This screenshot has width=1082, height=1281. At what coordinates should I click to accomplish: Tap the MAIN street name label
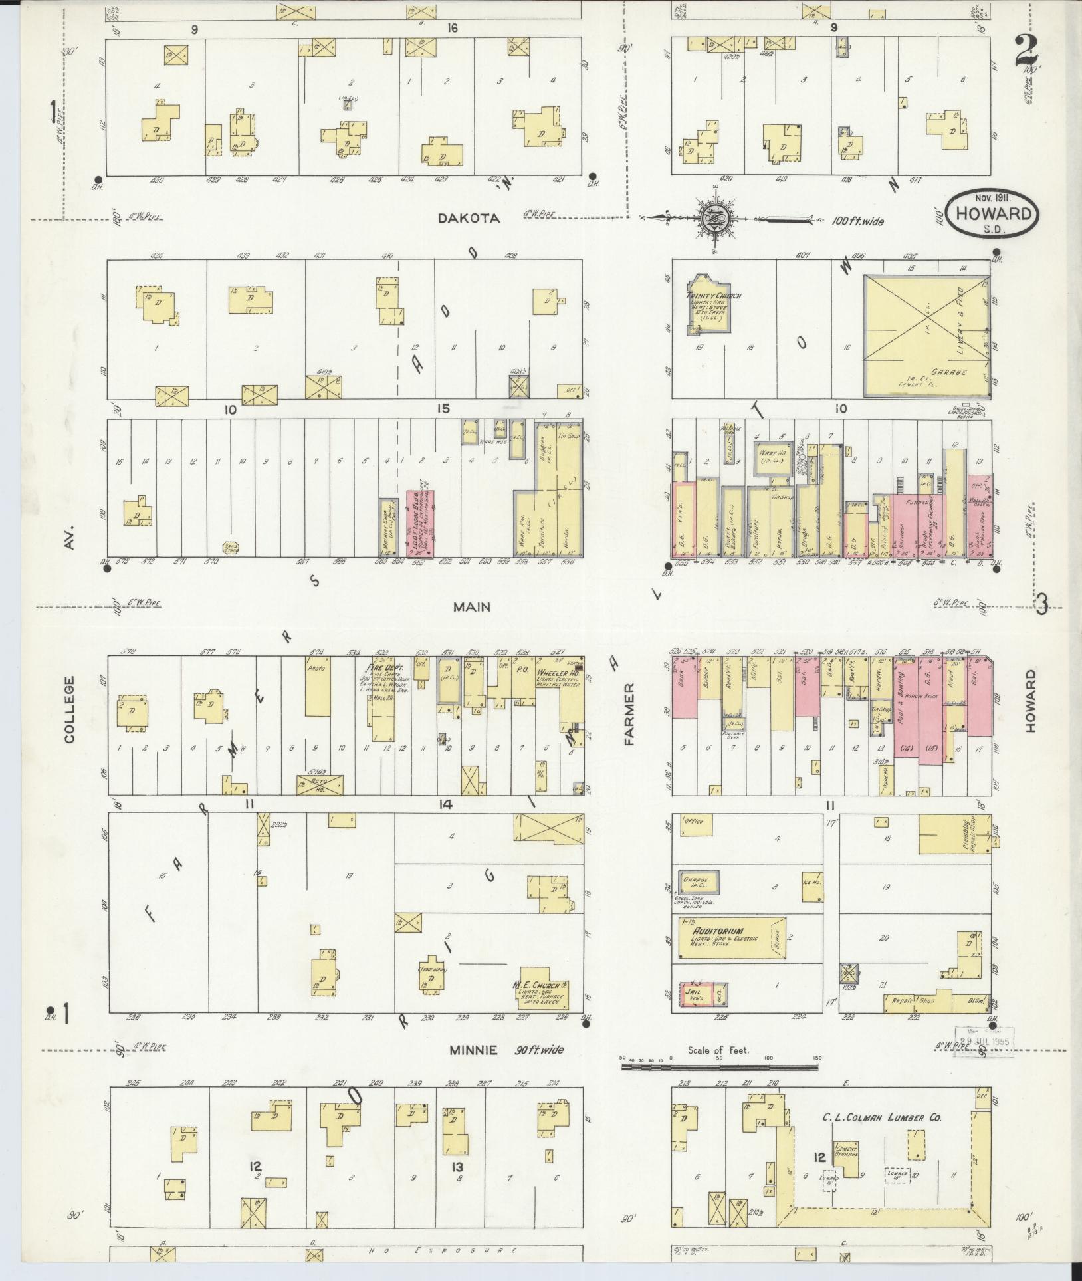pyautogui.click(x=471, y=606)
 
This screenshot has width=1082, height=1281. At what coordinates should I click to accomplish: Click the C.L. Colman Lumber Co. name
pyautogui.click(x=881, y=1117)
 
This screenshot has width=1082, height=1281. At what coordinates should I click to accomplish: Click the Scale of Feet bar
pyautogui.click(x=721, y=1067)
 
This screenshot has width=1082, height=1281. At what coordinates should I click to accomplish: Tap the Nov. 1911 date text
pyautogui.click(x=989, y=197)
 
